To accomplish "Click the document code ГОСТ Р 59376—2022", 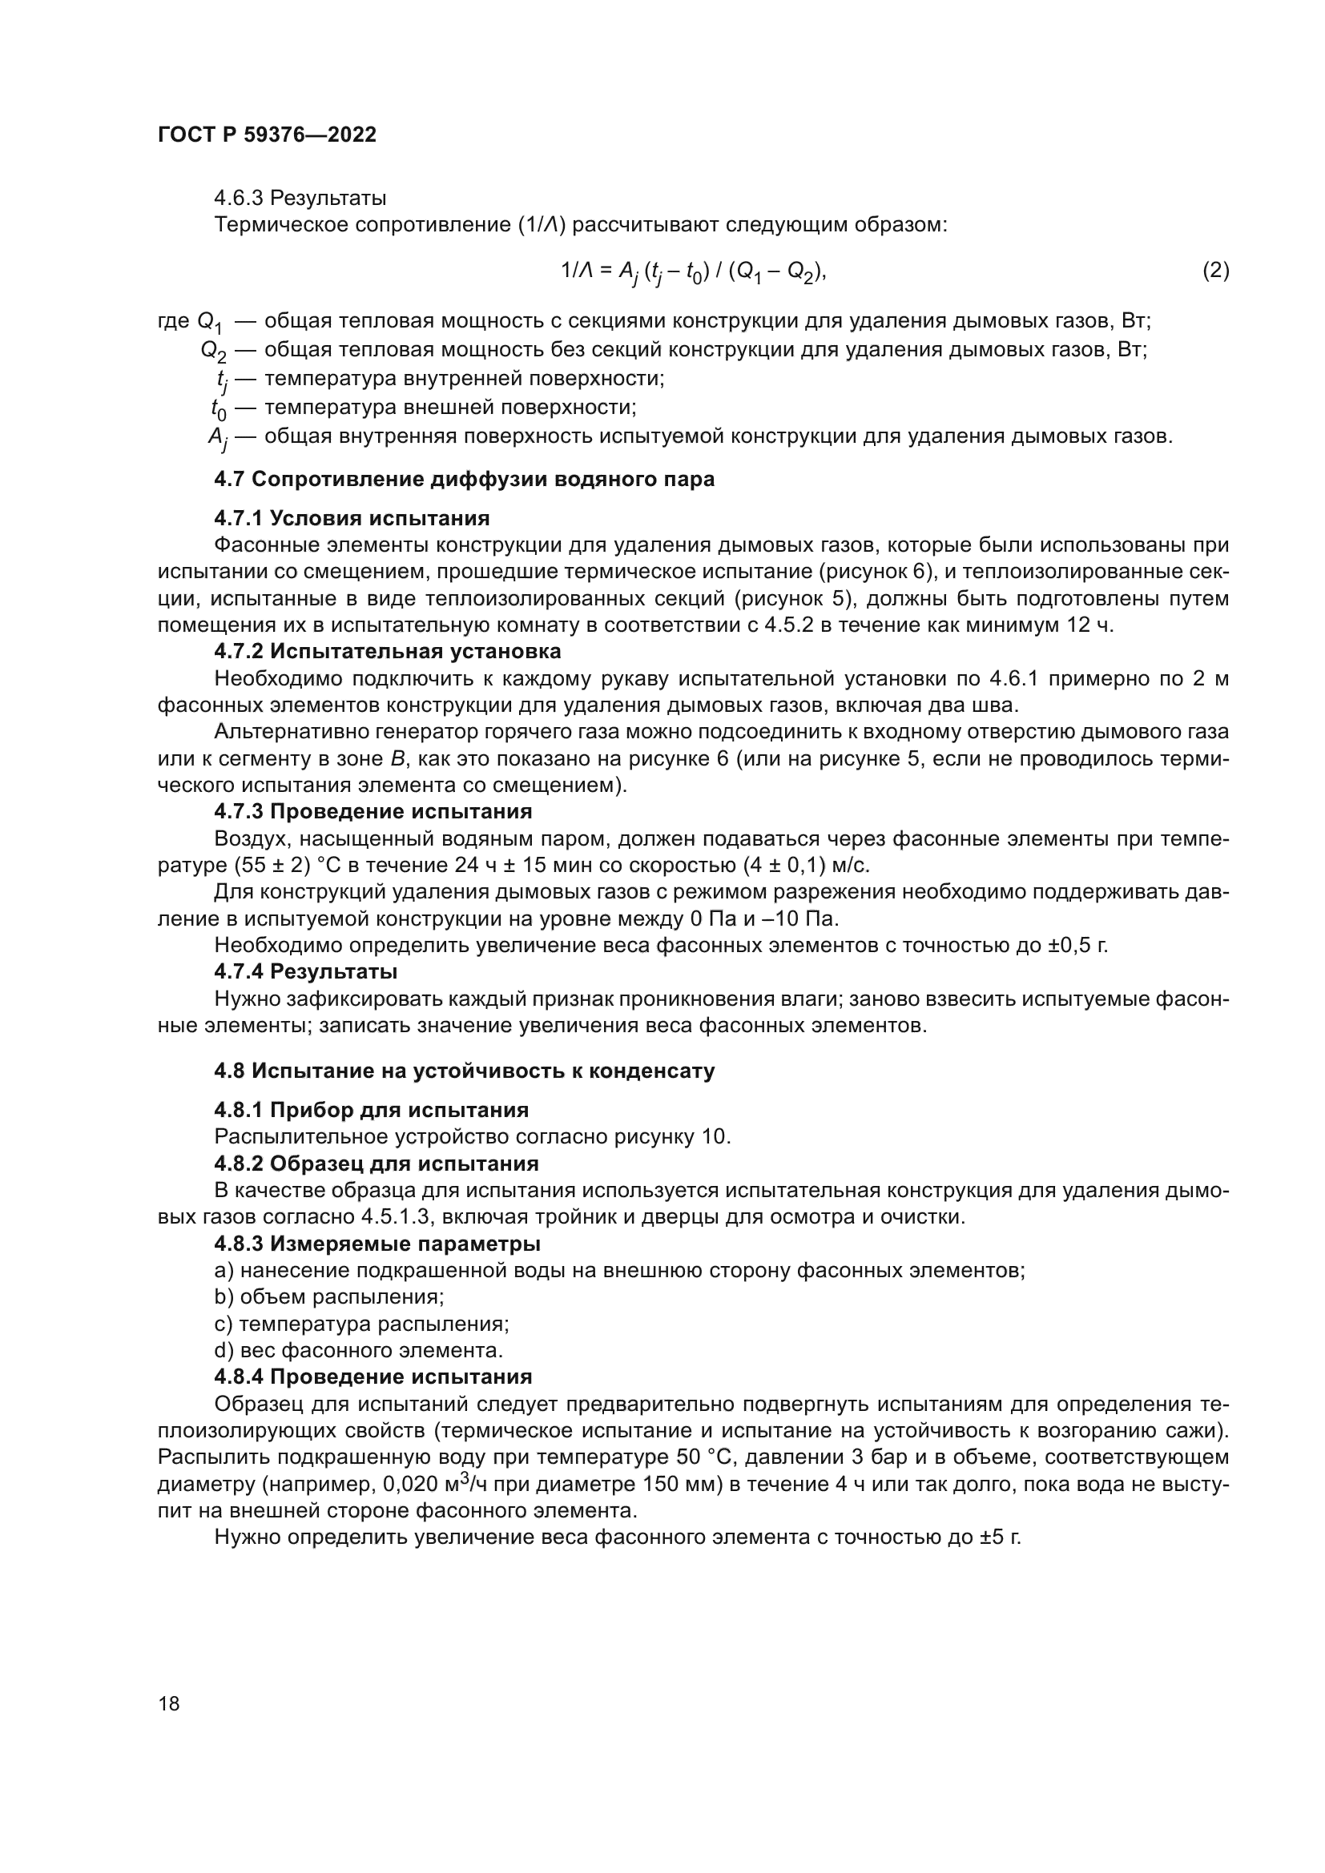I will click(x=267, y=135).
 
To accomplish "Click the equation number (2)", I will click(x=1216, y=270).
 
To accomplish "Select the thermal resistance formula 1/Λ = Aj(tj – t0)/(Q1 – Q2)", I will click(x=693, y=271).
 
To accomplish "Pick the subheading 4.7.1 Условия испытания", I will click(x=352, y=518).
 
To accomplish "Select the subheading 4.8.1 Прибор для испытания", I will click(x=371, y=1109).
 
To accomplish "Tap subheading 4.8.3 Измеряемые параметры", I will click(x=377, y=1244).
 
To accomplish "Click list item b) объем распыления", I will click(x=328, y=1297).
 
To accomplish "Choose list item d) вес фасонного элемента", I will click(x=358, y=1350).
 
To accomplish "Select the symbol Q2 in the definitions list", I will click(x=215, y=352).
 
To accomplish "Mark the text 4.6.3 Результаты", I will click(x=300, y=199).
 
